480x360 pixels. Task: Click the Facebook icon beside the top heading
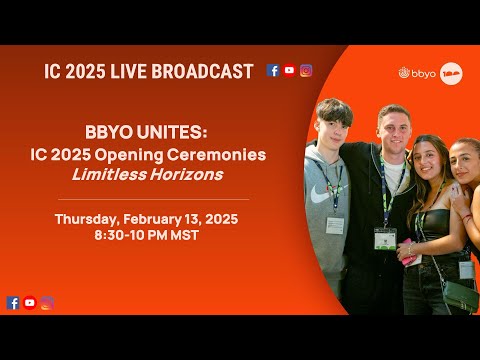tap(273, 71)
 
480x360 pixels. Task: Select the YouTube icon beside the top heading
tap(289, 71)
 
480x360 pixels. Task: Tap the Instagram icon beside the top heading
tap(306, 71)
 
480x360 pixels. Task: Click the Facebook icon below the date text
tap(13, 303)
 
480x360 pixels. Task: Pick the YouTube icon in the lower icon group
tap(30, 303)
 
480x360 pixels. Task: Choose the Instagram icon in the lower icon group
tap(47, 303)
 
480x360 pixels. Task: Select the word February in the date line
tap(155, 219)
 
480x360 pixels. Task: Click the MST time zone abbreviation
tap(185, 236)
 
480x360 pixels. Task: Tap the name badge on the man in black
tap(384, 239)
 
